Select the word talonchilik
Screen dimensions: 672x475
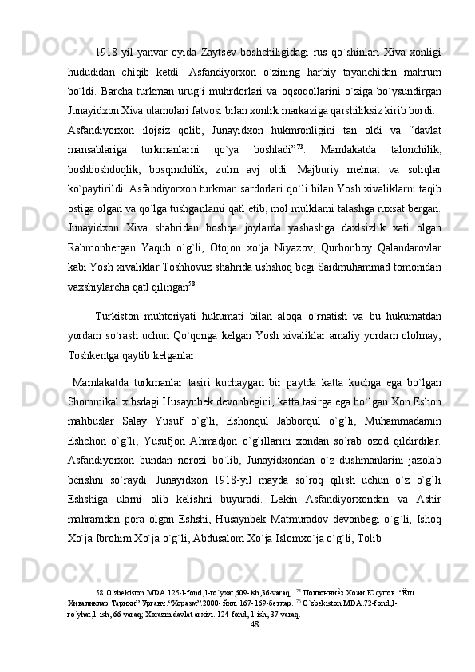pos(412,149)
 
